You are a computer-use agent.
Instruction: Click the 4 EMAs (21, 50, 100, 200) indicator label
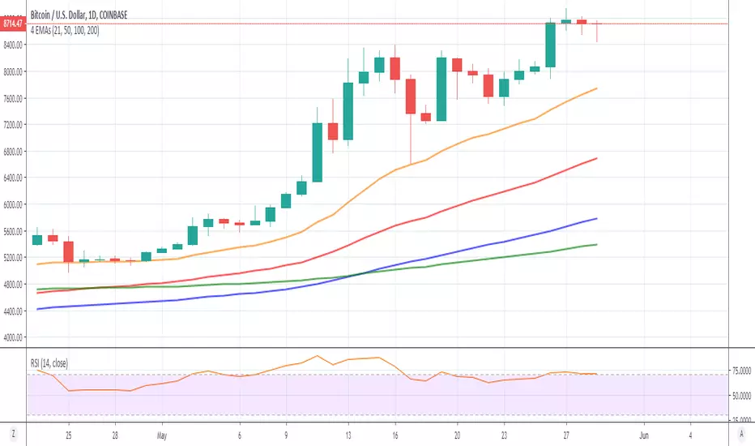(x=66, y=30)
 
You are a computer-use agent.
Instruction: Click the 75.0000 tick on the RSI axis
(x=742, y=371)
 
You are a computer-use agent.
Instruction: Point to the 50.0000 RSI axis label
(x=742, y=397)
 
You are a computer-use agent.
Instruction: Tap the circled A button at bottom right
(x=742, y=434)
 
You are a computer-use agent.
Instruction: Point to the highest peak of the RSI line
(x=318, y=355)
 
